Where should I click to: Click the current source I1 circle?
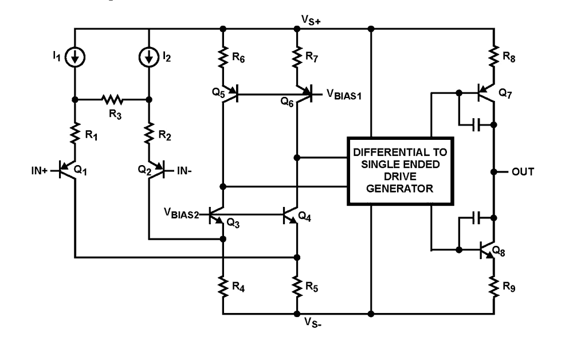point(75,56)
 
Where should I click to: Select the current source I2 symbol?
point(148,56)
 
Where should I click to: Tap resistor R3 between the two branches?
point(113,99)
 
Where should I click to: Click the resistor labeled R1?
point(75,135)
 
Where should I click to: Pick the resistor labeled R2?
point(148,135)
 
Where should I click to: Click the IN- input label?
point(184,170)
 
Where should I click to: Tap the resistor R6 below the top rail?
point(223,56)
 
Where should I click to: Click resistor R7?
point(296,56)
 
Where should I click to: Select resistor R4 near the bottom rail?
point(223,285)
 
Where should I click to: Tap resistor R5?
point(296,285)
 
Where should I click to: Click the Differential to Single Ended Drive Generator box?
point(401,171)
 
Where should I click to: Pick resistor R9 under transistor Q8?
point(493,285)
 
